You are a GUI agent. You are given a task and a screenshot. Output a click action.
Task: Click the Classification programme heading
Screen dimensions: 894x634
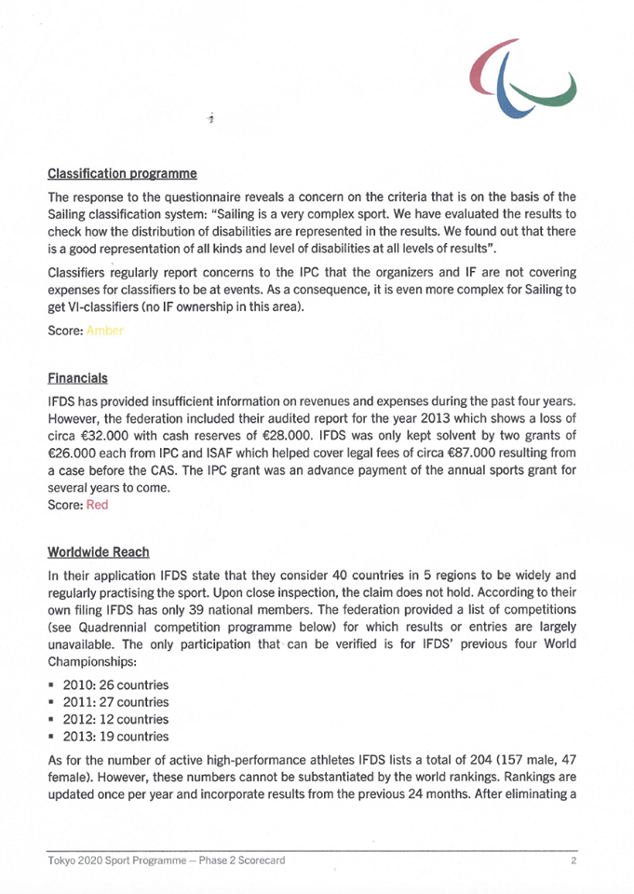(122, 173)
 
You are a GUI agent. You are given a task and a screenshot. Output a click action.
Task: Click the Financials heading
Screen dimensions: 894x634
(77, 378)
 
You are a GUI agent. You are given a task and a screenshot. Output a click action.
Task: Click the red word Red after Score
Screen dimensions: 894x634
(97, 505)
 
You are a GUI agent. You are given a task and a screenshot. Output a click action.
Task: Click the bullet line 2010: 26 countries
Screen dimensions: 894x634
(115, 684)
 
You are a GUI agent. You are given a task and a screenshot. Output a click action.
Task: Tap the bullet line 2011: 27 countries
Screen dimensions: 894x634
(115, 701)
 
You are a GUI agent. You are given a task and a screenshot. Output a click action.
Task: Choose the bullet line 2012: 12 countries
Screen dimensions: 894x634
(115, 719)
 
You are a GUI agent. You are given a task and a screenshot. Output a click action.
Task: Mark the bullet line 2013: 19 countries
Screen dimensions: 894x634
(115, 737)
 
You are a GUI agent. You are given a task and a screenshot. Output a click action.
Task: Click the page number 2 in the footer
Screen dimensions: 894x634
(574, 861)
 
